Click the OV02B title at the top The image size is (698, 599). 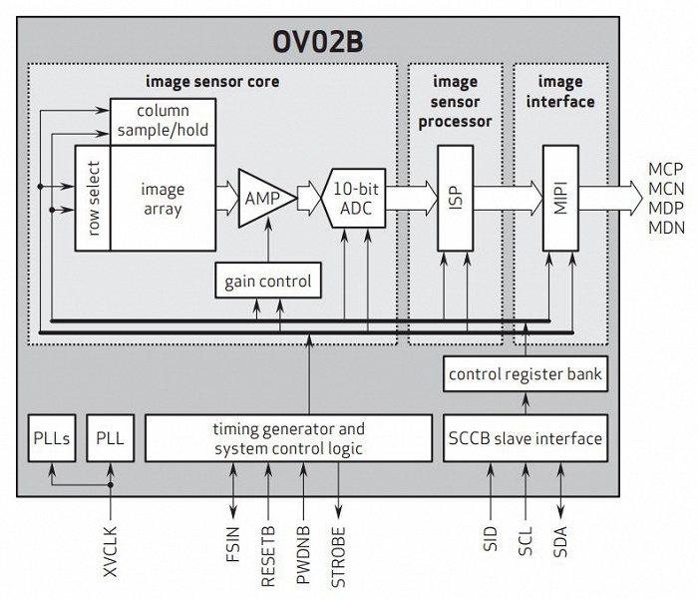click(x=347, y=43)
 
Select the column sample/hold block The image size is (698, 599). click(x=163, y=121)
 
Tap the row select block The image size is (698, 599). click(x=92, y=198)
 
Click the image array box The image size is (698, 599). click(x=163, y=198)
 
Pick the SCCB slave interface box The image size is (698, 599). click(x=525, y=439)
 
